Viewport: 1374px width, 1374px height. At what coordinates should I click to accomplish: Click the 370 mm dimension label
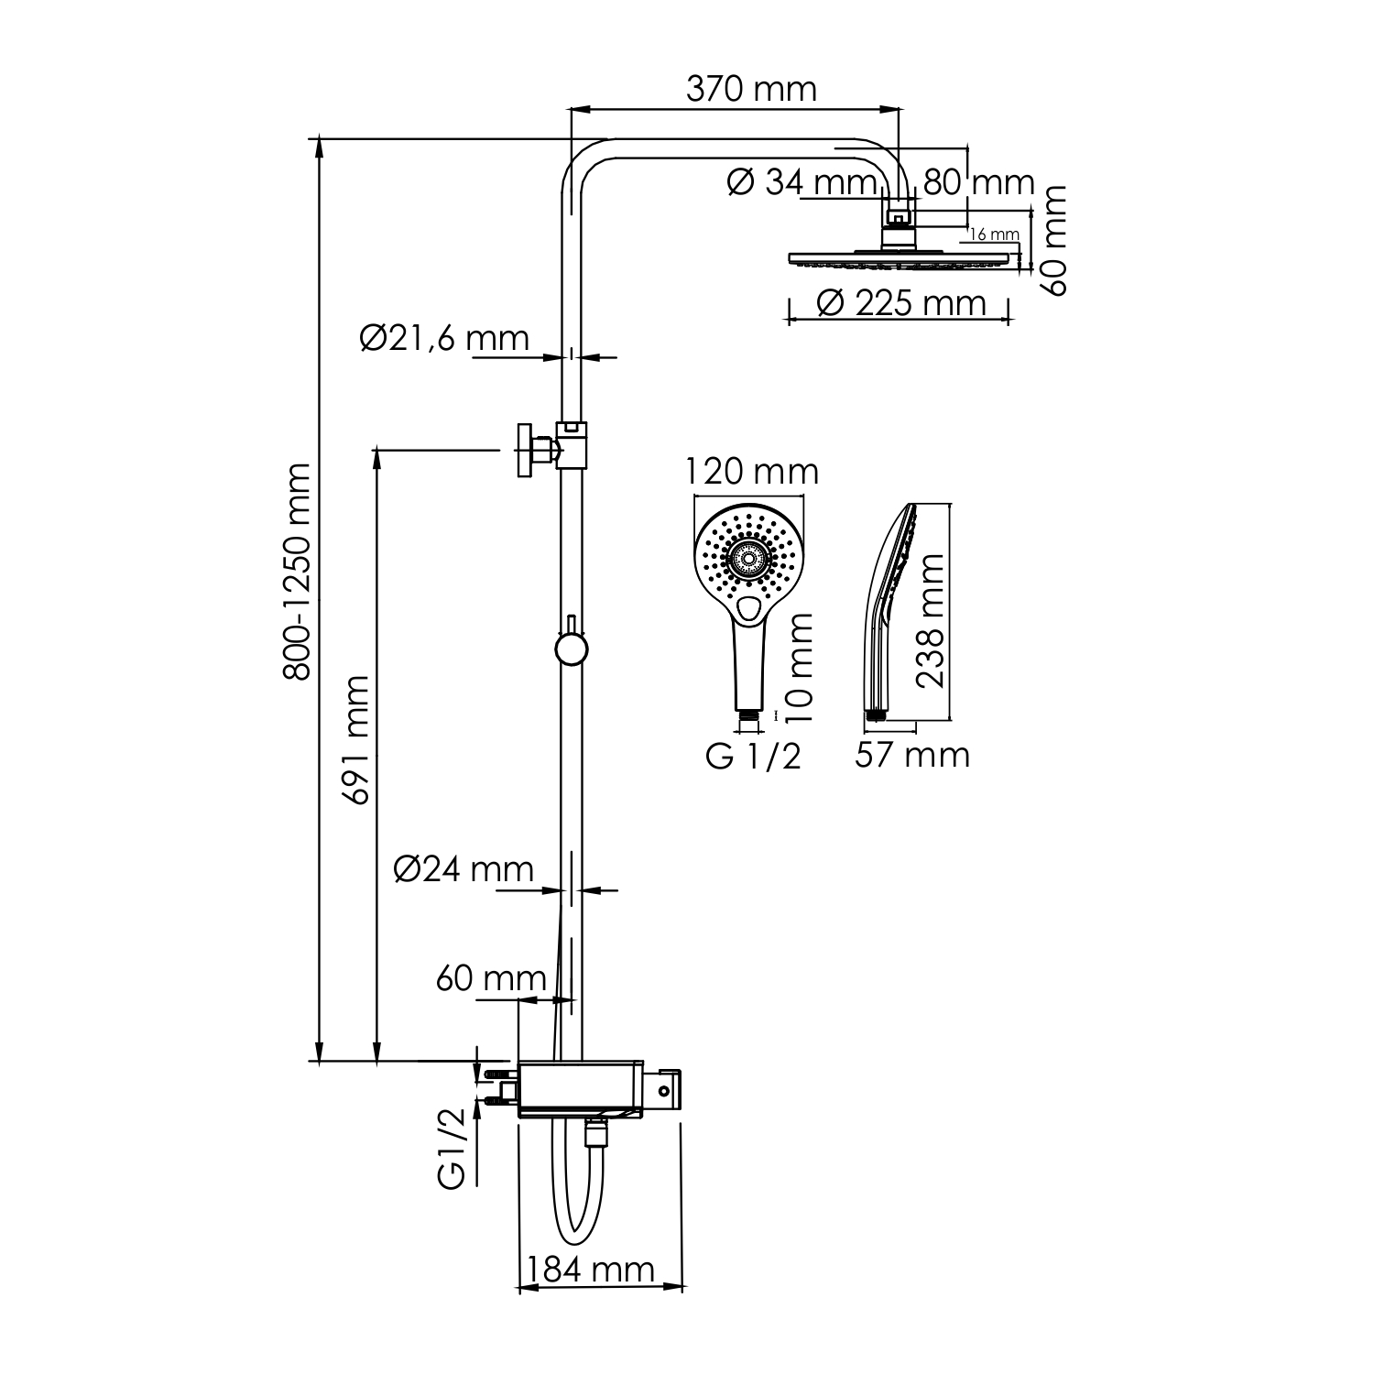click(x=751, y=89)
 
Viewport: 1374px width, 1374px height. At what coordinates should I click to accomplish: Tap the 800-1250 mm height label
click(x=297, y=572)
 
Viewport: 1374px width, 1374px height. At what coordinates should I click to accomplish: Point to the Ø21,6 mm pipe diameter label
click(x=445, y=338)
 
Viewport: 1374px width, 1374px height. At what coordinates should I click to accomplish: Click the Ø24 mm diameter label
click(x=463, y=868)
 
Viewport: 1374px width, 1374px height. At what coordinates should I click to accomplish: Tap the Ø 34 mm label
click(x=802, y=182)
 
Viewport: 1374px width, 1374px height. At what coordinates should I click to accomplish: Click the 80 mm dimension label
click(x=978, y=182)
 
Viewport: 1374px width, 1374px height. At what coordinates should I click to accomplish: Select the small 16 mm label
click(x=994, y=234)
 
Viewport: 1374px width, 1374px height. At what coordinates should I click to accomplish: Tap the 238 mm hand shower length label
click(x=931, y=620)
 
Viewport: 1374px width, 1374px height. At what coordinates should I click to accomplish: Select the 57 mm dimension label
click(x=912, y=755)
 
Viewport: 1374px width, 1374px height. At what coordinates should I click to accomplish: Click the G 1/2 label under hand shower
click(x=753, y=757)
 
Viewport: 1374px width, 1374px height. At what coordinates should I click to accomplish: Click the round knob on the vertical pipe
click(x=571, y=649)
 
